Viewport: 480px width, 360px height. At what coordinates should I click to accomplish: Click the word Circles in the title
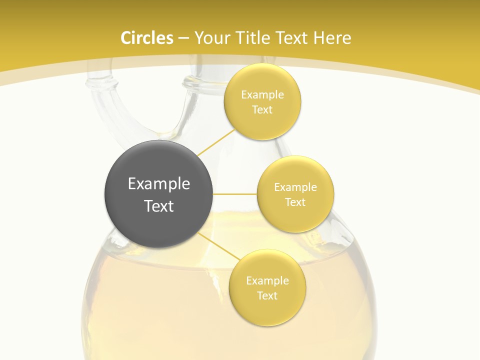(146, 38)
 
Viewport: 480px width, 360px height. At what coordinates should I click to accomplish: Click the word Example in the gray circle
(159, 184)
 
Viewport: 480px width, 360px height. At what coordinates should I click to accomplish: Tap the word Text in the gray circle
(159, 206)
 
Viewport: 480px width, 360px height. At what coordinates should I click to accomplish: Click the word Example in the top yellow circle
(262, 95)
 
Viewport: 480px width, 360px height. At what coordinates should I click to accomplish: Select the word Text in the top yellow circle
(262, 110)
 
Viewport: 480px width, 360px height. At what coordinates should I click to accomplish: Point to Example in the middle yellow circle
(295, 187)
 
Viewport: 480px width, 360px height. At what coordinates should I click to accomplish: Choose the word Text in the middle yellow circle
(295, 202)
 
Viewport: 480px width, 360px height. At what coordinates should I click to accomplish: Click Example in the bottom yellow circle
(267, 281)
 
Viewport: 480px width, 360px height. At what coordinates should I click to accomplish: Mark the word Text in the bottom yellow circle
(267, 296)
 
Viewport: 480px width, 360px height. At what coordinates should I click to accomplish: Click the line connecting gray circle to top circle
(216, 142)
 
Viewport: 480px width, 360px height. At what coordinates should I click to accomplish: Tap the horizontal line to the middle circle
(234, 194)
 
